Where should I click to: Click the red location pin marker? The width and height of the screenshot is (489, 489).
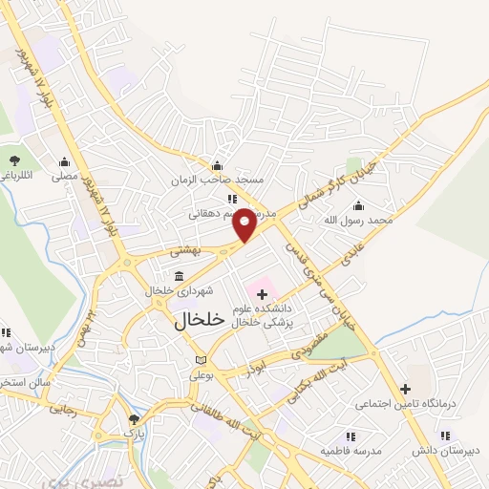[x=245, y=223]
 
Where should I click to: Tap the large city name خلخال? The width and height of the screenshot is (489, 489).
[x=200, y=321]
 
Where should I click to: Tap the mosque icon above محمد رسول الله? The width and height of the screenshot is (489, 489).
[x=358, y=205]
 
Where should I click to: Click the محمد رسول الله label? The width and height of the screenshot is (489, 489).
[x=358, y=221]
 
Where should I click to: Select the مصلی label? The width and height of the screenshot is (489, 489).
[x=64, y=176]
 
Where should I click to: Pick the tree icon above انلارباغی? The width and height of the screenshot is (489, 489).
[x=14, y=160]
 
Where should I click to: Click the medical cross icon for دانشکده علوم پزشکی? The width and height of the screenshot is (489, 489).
[x=263, y=295]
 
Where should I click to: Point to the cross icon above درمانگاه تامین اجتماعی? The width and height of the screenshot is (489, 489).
[x=406, y=389]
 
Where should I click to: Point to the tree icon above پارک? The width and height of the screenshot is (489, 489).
[x=134, y=418]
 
